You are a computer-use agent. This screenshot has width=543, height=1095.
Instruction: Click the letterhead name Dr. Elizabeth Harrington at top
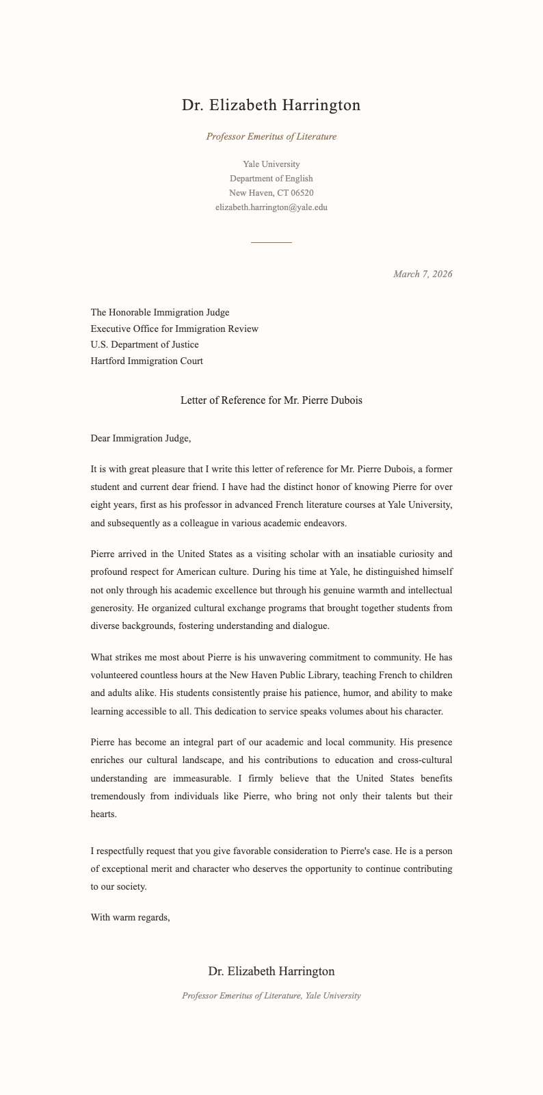pos(271,105)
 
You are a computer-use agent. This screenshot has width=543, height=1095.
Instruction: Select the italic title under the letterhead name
pos(271,136)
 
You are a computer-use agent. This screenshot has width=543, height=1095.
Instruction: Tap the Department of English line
pos(271,179)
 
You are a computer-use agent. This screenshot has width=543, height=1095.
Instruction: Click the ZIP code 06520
pos(302,193)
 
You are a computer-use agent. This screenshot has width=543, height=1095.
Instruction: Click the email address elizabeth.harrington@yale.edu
pos(271,207)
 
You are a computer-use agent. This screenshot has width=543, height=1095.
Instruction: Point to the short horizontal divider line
pos(271,242)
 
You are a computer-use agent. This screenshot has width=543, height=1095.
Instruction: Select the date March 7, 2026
pos(422,274)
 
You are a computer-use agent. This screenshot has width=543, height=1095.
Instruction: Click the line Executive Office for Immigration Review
pos(174,329)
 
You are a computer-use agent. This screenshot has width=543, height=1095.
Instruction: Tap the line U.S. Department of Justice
pos(144,345)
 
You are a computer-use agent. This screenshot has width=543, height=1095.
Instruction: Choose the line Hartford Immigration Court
pos(146,361)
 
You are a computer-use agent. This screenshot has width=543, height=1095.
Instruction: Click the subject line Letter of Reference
pos(271,400)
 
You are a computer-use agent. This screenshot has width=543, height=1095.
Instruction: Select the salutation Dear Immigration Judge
pos(140,439)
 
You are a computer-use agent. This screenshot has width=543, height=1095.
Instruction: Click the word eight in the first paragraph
pos(101,505)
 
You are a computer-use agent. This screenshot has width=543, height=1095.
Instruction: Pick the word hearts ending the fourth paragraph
pos(104,814)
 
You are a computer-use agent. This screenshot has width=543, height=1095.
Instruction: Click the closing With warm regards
pos(130,918)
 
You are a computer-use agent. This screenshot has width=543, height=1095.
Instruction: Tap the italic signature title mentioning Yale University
pos(271,996)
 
